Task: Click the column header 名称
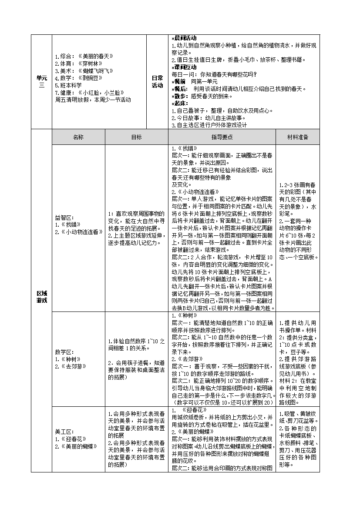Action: (78, 137)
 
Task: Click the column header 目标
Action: (136, 137)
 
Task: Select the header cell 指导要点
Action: (222, 137)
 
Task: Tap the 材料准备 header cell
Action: (297, 137)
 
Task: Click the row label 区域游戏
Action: (41, 297)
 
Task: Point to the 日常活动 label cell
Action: (157, 81)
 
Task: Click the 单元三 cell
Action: (41, 81)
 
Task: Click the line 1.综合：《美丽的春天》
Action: (84, 57)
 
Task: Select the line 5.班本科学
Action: (68, 85)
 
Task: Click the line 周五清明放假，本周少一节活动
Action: (93, 99)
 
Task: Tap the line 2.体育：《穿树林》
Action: (77, 64)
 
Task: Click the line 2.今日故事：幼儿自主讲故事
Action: (209, 117)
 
